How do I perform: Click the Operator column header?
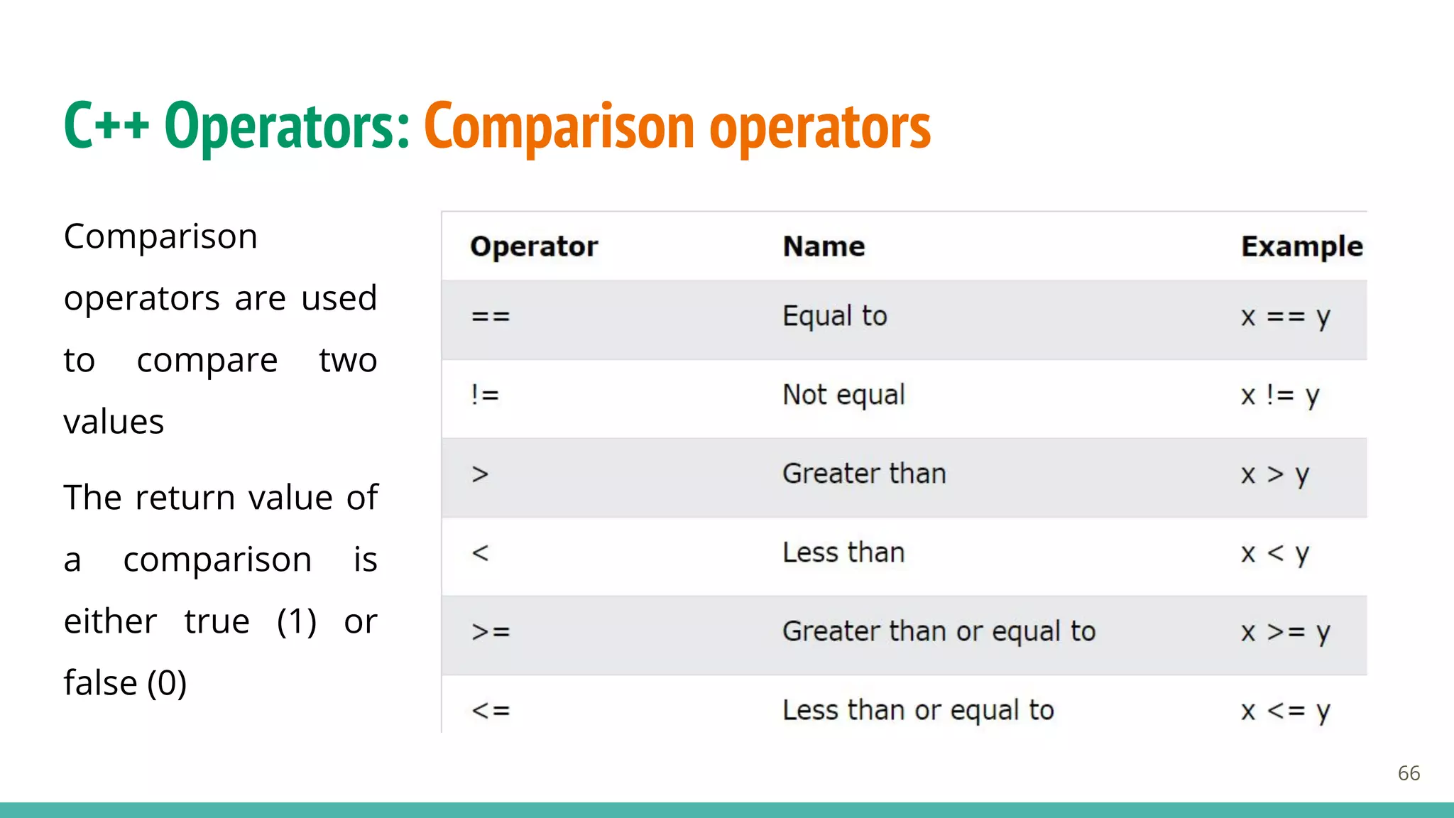point(534,246)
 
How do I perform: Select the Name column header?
point(824,246)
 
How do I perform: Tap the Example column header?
point(1301,246)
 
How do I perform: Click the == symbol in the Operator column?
point(491,317)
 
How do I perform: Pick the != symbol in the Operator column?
point(485,395)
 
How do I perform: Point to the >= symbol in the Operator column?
point(491,631)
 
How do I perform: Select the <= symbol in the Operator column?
point(491,710)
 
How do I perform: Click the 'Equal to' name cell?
point(835,317)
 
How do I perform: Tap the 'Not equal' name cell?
point(843,395)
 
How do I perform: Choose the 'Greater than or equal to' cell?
point(939,631)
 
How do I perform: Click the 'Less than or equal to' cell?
point(918,710)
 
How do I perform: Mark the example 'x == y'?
point(1285,317)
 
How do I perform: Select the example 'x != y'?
point(1280,395)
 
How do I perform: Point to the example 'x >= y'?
point(1285,631)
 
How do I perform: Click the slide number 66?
point(1409,773)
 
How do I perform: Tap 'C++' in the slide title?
point(106,126)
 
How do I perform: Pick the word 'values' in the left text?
point(114,422)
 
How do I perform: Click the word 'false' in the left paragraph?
point(100,683)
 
